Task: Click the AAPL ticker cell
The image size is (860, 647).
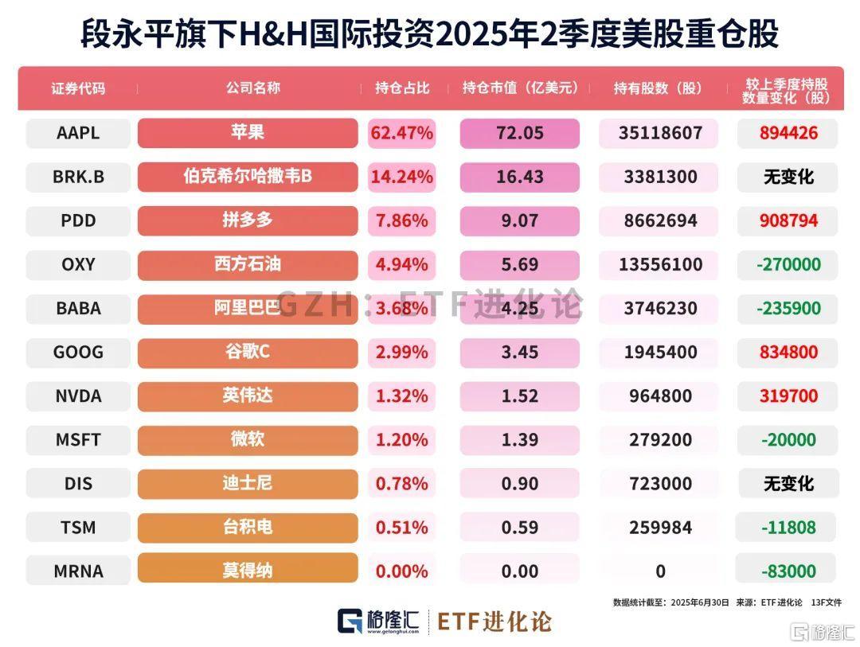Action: coord(78,133)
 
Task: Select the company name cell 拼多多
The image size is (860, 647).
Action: coord(248,220)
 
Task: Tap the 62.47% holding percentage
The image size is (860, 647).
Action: coord(401,133)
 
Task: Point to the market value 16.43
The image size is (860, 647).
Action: coord(519,177)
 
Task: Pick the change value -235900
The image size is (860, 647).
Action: coord(788,308)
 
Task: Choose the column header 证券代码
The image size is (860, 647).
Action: coord(78,88)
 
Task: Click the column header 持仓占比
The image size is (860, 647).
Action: coord(401,88)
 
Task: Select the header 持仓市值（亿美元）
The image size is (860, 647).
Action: coord(520,88)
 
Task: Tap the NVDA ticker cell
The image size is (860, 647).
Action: coord(78,396)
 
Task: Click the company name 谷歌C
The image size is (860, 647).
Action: coord(248,352)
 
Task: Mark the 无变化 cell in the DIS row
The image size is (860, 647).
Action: coord(788,483)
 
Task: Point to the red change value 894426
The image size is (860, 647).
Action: coord(788,133)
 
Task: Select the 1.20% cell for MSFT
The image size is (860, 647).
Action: coord(401,439)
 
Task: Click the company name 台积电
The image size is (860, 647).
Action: coord(248,527)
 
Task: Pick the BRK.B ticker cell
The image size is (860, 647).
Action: coord(78,177)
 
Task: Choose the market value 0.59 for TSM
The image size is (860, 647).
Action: coord(519,527)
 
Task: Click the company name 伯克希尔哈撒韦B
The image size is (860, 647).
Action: coord(248,177)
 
